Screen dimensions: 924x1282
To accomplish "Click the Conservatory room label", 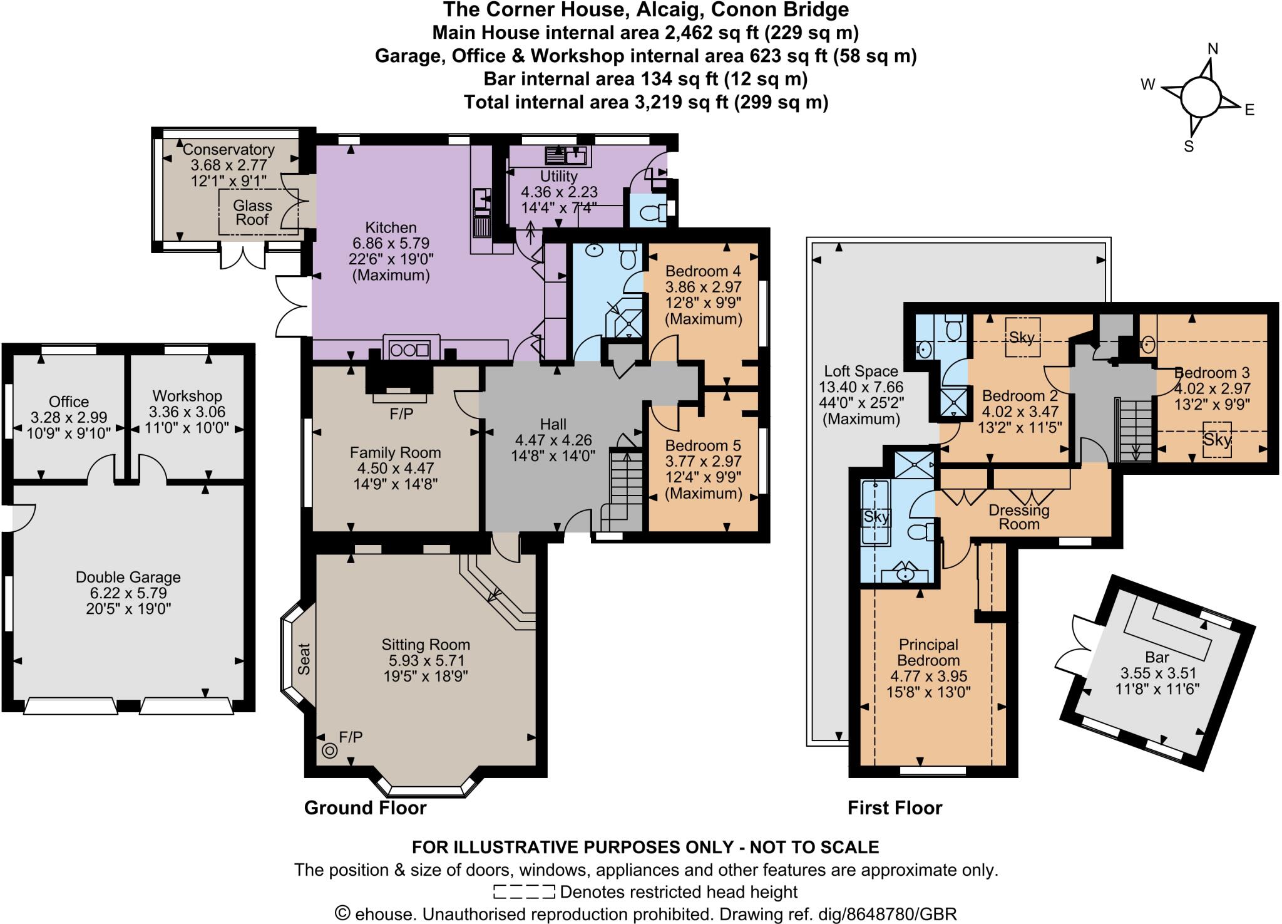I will coord(228,150).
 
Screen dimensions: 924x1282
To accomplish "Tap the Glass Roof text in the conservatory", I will coord(252,212).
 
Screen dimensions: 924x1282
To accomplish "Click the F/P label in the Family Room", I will coord(401,414).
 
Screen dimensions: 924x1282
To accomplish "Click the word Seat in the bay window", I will coord(304,659).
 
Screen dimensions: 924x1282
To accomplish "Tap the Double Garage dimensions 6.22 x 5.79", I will coord(128,593).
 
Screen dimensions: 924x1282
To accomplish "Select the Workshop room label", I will coord(187,396).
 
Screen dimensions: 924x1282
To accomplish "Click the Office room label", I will coord(69,402).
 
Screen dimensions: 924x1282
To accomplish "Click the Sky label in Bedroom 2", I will coord(1022,337).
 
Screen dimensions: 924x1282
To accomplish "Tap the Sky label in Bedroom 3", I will coord(1217,440).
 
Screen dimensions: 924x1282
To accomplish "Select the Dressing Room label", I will coord(1019,517).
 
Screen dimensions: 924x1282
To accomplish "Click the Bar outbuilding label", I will coord(1157,657).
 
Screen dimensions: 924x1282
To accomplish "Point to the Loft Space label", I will coord(861,371).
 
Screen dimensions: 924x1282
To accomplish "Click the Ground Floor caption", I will coord(365,807).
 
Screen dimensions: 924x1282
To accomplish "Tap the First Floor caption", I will coord(895,807).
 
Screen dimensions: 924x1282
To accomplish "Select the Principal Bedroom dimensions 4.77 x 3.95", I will coord(928,676).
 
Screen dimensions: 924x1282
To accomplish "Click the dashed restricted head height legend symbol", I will coord(523,891).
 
